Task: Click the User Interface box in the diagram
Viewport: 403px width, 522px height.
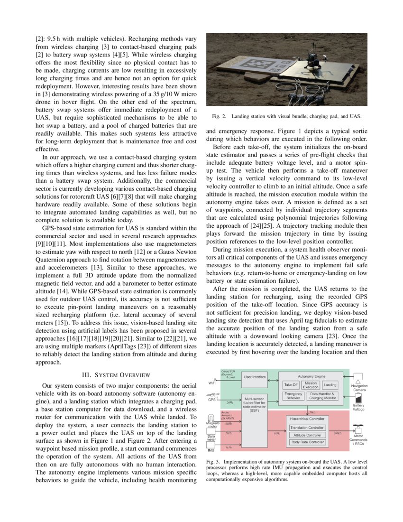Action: pos(255,377)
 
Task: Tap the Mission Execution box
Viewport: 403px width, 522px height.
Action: pos(311,385)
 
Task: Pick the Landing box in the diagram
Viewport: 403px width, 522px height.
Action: pos(330,385)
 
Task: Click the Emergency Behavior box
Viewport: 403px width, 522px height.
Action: pos(293,396)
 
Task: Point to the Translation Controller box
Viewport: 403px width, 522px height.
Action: pos(308,428)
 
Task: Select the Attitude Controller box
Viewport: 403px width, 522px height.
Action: pos(308,435)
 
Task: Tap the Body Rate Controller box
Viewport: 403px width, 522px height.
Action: pos(308,442)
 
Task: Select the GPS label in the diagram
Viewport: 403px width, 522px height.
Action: pos(212,400)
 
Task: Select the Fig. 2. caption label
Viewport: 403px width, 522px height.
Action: pos(217,116)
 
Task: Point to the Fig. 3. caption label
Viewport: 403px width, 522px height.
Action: pos(213,461)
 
